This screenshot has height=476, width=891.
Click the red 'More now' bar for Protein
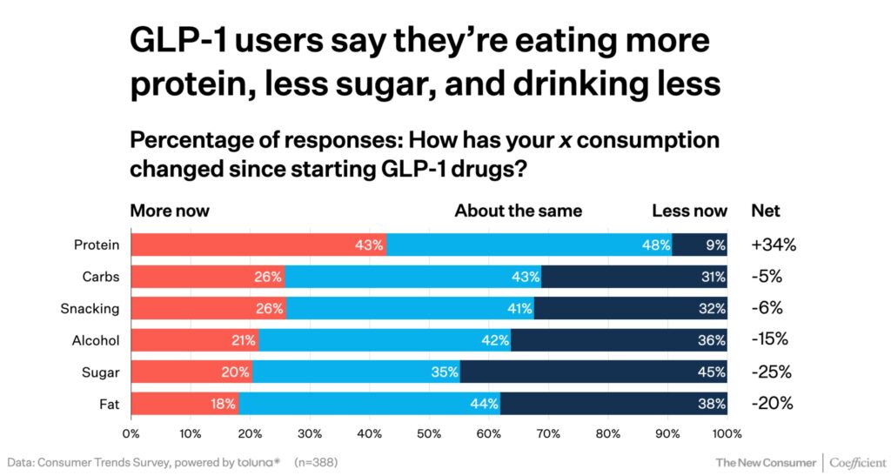click(x=258, y=245)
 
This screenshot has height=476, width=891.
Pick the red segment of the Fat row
click(x=184, y=404)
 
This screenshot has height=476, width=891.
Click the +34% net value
click(x=773, y=245)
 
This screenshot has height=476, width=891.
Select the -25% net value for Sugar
click(x=772, y=372)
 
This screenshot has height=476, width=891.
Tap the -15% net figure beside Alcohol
click(x=770, y=340)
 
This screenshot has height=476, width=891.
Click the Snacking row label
click(x=90, y=309)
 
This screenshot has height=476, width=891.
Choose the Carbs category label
click(x=100, y=277)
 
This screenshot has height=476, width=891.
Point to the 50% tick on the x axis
click(x=429, y=432)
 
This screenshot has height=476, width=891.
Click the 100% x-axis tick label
click(x=727, y=432)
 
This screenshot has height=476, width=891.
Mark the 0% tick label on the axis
click(x=131, y=432)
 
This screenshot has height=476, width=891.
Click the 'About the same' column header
click(x=519, y=211)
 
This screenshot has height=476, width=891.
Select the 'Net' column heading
click(x=766, y=211)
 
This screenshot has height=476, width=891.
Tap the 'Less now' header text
click(x=690, y=211)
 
